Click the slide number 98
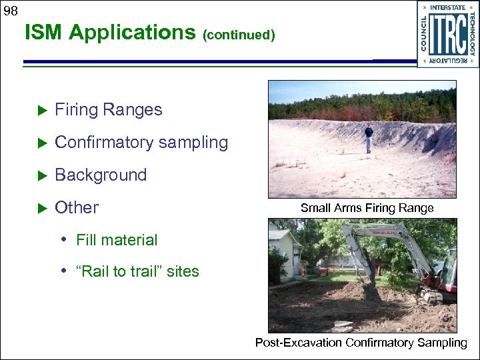[10, 11]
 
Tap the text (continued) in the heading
[239, 35]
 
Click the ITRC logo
[448, 33]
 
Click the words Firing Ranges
[108, 110]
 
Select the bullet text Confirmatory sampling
[141, 143]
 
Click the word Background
[101, 175]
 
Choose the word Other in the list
[77, 208]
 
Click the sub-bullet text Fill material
[117, 240]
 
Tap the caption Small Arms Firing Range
[367, 208]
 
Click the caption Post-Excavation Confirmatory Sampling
[361, 343]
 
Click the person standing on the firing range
[368, 137]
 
